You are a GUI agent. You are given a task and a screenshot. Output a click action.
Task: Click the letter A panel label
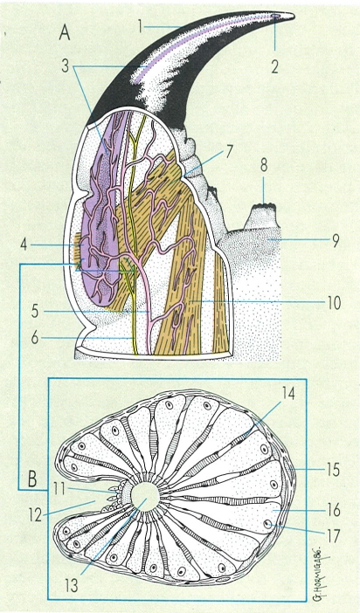[65, 33]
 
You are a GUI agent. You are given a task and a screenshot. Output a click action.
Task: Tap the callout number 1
[140, 26]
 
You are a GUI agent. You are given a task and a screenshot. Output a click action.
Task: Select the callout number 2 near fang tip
[274, 66]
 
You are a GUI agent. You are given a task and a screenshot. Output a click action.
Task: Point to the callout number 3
[65, 66]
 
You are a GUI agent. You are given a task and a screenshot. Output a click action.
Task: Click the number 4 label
[24, 246]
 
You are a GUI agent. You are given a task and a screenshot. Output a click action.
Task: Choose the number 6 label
[35, 337]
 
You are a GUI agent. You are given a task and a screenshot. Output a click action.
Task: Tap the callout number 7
[229, 150]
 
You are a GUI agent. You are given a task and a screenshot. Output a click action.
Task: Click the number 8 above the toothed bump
[264, 165]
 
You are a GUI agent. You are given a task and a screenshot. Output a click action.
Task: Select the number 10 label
[334, 303]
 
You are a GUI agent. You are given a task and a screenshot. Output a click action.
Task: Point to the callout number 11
[59, 489]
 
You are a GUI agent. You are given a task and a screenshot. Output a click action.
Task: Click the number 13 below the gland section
[72, 585]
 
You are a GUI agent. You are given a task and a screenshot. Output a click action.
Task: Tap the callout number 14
[287, 394]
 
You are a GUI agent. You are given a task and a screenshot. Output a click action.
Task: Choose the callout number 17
[333, 536]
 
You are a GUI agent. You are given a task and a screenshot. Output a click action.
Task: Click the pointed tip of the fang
[294, 15]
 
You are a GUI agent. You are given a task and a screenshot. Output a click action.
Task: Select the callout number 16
[333, 510]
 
